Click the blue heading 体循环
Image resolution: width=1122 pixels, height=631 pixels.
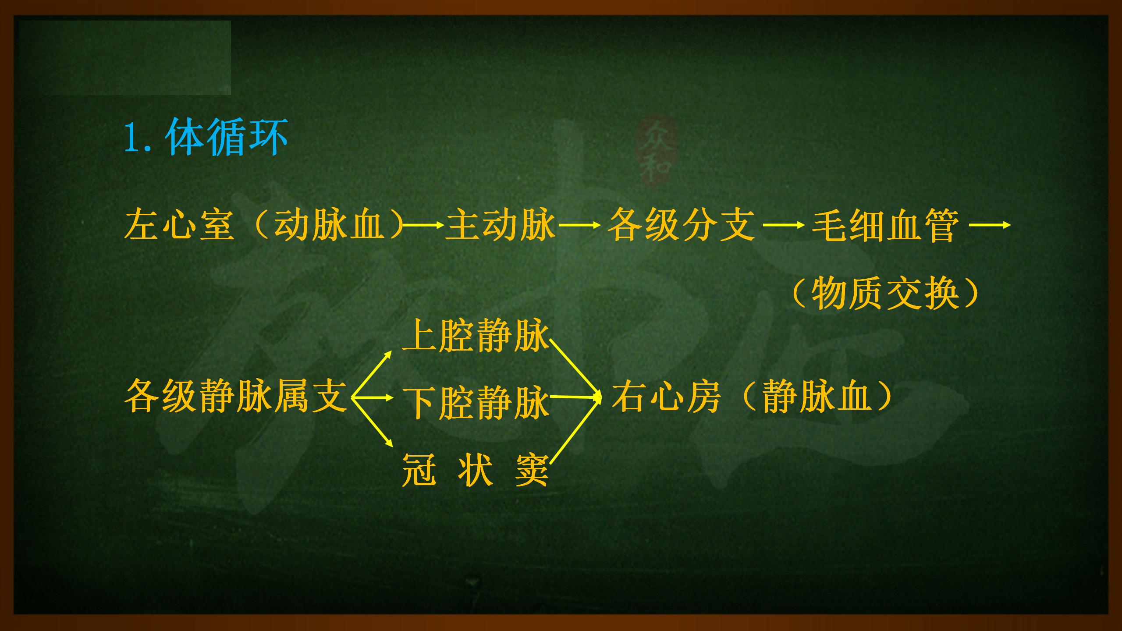227,137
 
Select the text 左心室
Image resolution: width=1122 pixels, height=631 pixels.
179,225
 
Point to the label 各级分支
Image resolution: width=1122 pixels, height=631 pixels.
682,225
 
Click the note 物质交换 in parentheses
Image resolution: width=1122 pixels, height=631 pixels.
885,294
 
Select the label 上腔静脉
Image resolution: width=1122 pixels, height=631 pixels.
476,335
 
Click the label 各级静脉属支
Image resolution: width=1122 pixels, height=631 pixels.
236,396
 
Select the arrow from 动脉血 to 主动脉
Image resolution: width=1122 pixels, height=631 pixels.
423,225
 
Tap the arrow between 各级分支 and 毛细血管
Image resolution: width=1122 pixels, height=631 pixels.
784,225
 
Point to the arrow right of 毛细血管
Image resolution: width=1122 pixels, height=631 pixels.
990,225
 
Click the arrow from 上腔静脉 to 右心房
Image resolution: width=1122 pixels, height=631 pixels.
575,368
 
